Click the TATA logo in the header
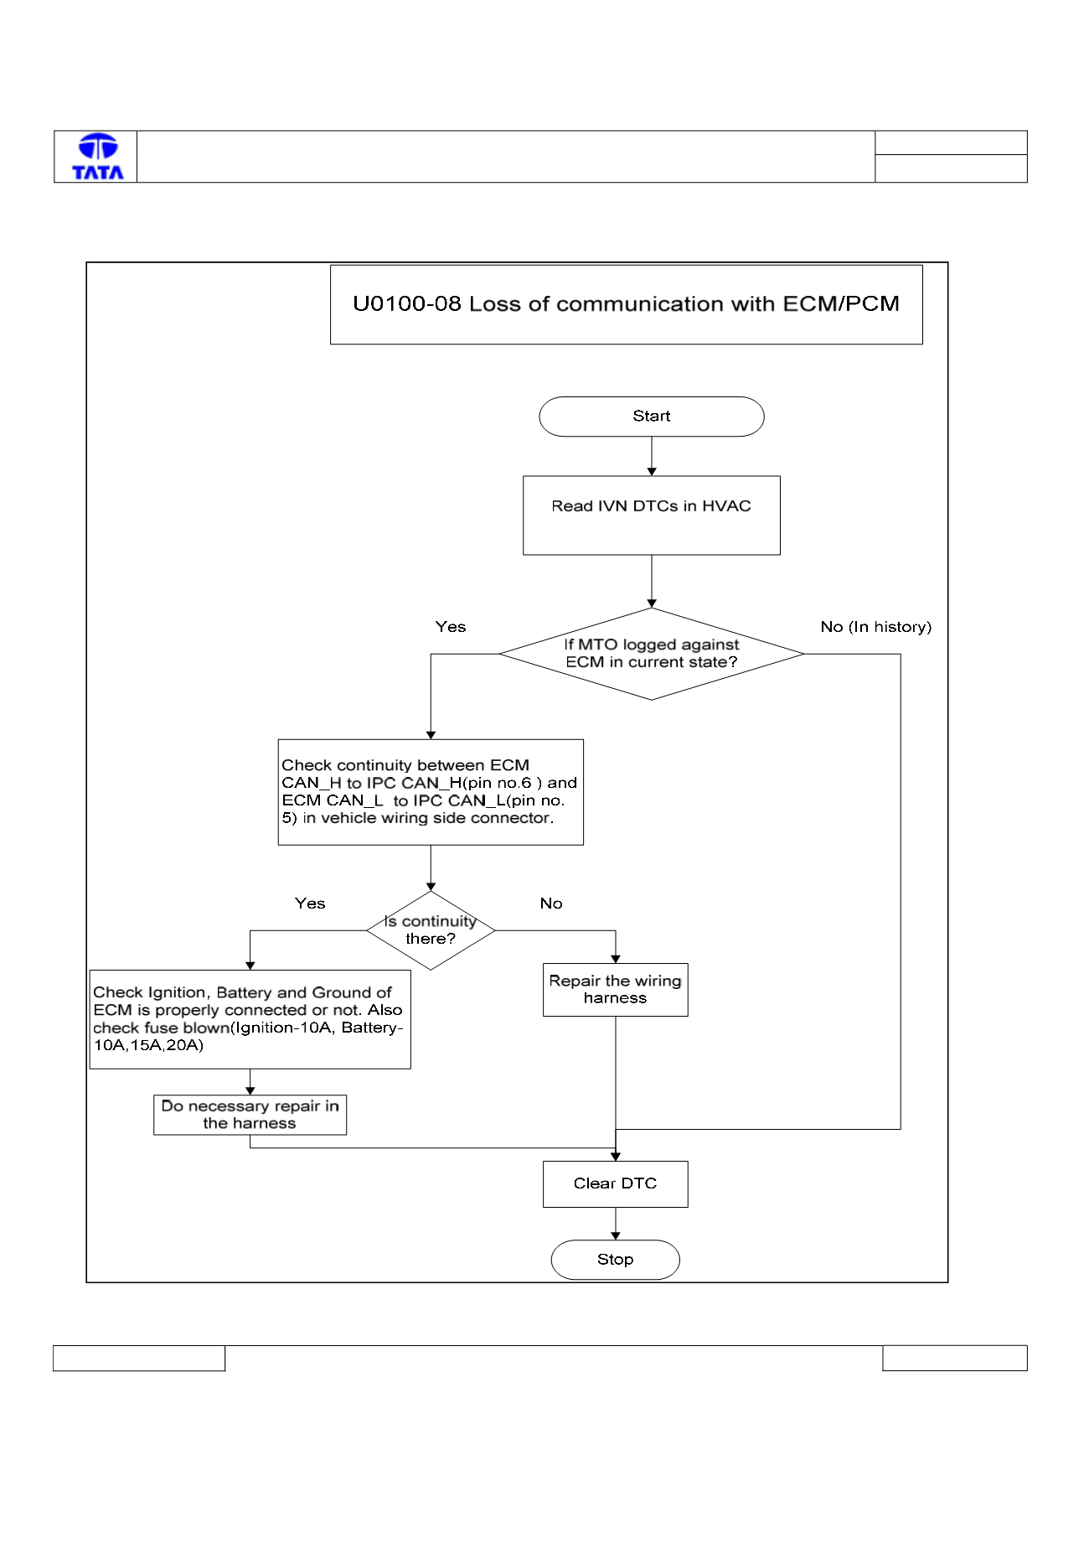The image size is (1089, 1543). [x=98, y=157]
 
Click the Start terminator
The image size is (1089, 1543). [x=652, y=417]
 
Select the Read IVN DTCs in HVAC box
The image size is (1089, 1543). [x=652, y=515]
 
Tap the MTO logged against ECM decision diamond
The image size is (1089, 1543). [x=652, y=654]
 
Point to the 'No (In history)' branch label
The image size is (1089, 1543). [x=876, y=627]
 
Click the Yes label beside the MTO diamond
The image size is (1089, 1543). [x=451, y=627]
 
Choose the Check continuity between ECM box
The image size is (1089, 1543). [x=431, y=792]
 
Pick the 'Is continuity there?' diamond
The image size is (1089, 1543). [x=431, y=930]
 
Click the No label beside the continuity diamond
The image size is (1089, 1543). [x=551, y=904]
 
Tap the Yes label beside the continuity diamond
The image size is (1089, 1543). [x=310, y=904]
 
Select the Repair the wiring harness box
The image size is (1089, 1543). [x=616, y=990]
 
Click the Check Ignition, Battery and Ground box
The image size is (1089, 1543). [x=250, y=1019]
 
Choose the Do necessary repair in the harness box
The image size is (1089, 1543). [x=250, y=1115]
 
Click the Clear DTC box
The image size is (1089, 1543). [x=616, y=1184]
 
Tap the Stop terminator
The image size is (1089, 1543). [x=616, y=1260]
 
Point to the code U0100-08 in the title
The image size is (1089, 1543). [x=407, y=303]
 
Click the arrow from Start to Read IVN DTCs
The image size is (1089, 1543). [x=652, y=456]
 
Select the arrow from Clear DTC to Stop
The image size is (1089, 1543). [x=616, y=1224]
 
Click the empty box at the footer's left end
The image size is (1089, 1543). [x=139, y=1358]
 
